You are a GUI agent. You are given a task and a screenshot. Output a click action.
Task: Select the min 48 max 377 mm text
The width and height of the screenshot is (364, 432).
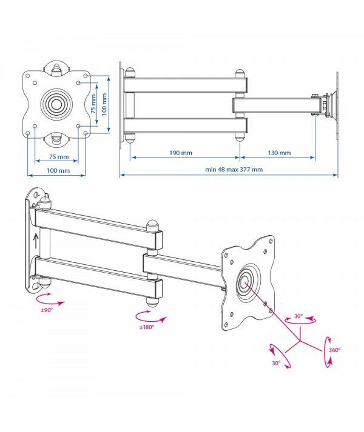click(234, 170)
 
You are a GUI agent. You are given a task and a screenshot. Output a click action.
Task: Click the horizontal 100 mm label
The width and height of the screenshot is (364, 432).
click(58, 171)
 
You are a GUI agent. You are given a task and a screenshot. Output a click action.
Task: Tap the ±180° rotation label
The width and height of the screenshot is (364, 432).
click(146, 327)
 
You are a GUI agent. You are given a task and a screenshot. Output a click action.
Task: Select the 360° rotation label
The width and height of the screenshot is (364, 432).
click(335, 350)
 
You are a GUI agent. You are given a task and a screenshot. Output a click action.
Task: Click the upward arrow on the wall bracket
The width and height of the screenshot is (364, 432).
click(36, 242)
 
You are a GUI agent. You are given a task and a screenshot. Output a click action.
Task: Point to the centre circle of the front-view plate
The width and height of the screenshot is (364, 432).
click(56, 104)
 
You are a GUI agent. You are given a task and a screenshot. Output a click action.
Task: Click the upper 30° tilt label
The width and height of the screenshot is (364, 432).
click(298, 317)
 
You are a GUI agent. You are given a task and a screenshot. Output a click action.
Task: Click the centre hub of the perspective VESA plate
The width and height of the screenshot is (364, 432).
click(244, 281)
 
